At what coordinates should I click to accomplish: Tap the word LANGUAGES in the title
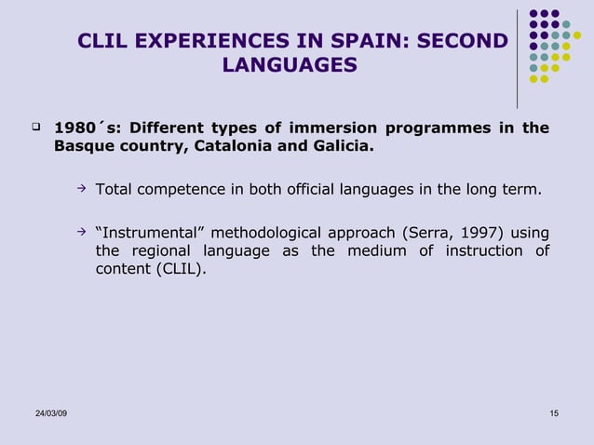290,65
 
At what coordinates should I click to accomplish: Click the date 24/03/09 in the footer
46,412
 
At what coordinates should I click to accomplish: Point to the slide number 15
555,412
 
